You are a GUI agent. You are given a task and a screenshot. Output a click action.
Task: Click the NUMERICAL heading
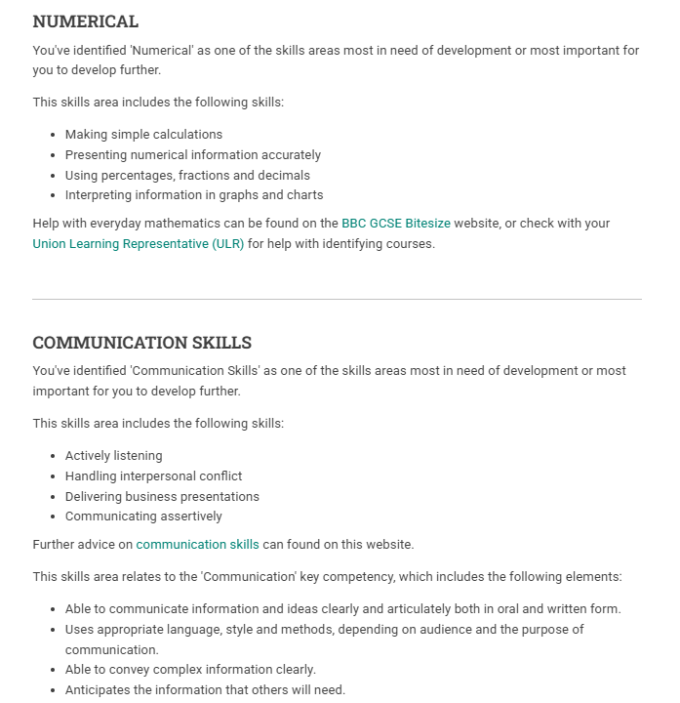(x=86, y=21)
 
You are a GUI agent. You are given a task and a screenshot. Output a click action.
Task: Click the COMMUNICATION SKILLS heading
(x=142, y=343)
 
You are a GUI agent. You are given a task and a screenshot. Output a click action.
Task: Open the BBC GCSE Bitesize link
(x=396, y=224)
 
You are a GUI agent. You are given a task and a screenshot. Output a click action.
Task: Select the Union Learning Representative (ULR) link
(x=139, y=244)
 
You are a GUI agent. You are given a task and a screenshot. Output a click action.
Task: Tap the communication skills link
(x=198, y=545)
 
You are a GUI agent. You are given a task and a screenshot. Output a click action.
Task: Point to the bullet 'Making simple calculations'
(x=143, y=135)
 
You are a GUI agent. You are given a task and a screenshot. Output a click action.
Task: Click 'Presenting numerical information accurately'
(x=193, y=155)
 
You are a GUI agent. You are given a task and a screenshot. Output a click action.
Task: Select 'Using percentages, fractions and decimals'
(x=187, y=176)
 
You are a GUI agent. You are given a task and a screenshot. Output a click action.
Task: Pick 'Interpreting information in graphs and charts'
(x=194, y=195)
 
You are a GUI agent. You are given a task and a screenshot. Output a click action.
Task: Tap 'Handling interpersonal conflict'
(x=154, y=476)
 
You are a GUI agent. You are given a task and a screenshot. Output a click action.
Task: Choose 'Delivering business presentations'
(x=162, y=497)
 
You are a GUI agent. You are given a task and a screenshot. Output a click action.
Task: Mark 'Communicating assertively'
(x=143, y=517)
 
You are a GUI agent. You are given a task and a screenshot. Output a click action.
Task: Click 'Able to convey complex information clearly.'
(x=191, y=670)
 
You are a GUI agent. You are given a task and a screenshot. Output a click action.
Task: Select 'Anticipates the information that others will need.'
(x=205, y=690)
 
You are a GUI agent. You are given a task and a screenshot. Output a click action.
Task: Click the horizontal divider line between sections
(x=337, y=299)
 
